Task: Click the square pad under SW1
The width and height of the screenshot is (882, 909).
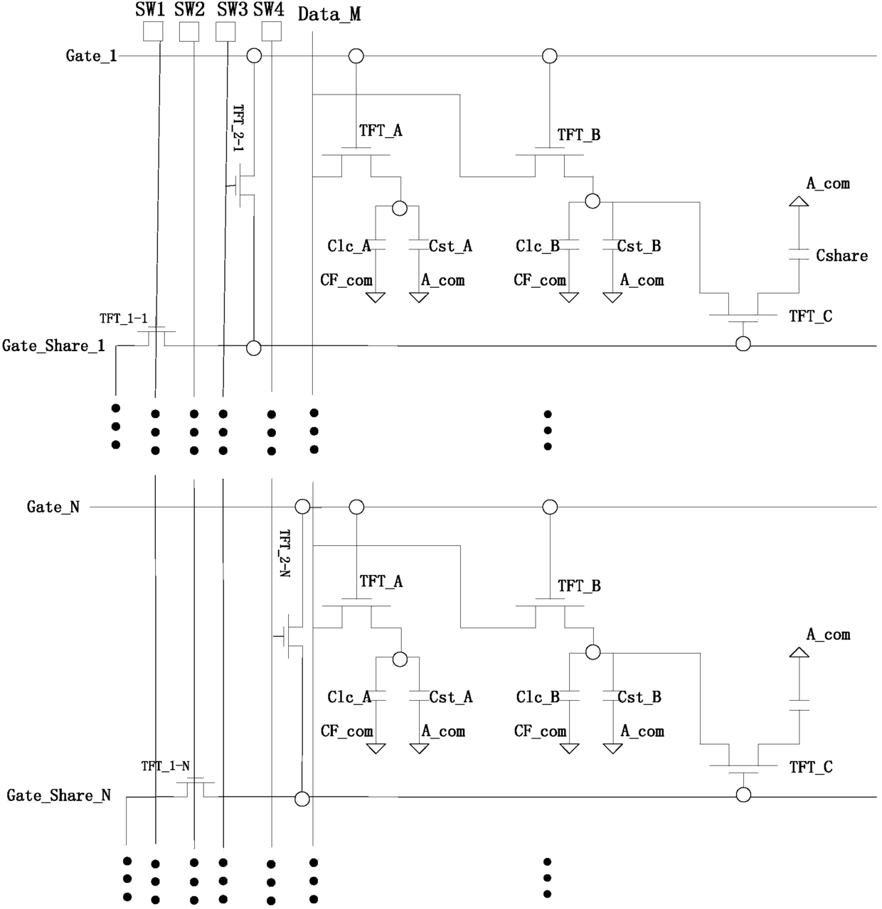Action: pyautogui.click(x=153, y=31)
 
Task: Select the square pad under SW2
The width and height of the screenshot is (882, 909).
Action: pyautogui.click(x=189, y=31)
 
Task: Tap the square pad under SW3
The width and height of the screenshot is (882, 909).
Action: pyautogui.click(x=225, y=31)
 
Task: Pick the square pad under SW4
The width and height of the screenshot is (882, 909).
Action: pyautogui.click(x=271, y=31)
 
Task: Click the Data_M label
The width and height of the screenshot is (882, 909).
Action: pyautogui.click(x=329, y=14)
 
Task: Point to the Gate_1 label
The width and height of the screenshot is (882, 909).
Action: pyautogui.click(x=91, y=56)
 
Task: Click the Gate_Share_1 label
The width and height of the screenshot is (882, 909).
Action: pyautogui.click(x=53, y=345)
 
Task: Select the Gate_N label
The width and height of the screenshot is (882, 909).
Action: pyautogui.click(x=53, y=507)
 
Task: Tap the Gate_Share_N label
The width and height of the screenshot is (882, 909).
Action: pyautogui.click(x=58, y=795)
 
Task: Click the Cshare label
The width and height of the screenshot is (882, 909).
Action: pyautogui.click(x=841, y=256)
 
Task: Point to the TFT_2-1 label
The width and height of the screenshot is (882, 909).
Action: pyautogui.click(x=238, y=127)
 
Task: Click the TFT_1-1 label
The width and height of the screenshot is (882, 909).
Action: pyautogui.click(x=123, y=318)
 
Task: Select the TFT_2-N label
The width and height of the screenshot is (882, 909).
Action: pyautogui.click(x=285, y=553)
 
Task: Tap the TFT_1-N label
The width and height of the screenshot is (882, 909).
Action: pyautogui.click(x=166, y=766)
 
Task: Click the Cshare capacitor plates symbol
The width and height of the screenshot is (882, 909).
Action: pyautogui.click(x=799, y=254)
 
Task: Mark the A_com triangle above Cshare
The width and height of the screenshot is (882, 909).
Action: pyautogui.click(x=799, y=201)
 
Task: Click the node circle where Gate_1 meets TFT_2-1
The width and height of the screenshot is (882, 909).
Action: pyautogui.click(x=254, y=56)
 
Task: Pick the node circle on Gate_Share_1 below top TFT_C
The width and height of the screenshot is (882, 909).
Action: pyautogui.click(x=743, y=344)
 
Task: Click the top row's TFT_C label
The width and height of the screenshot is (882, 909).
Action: pyautogui.click(x=811, y=316)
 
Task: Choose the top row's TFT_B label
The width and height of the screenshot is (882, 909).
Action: pyautogui.click(x=579, y=135)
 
